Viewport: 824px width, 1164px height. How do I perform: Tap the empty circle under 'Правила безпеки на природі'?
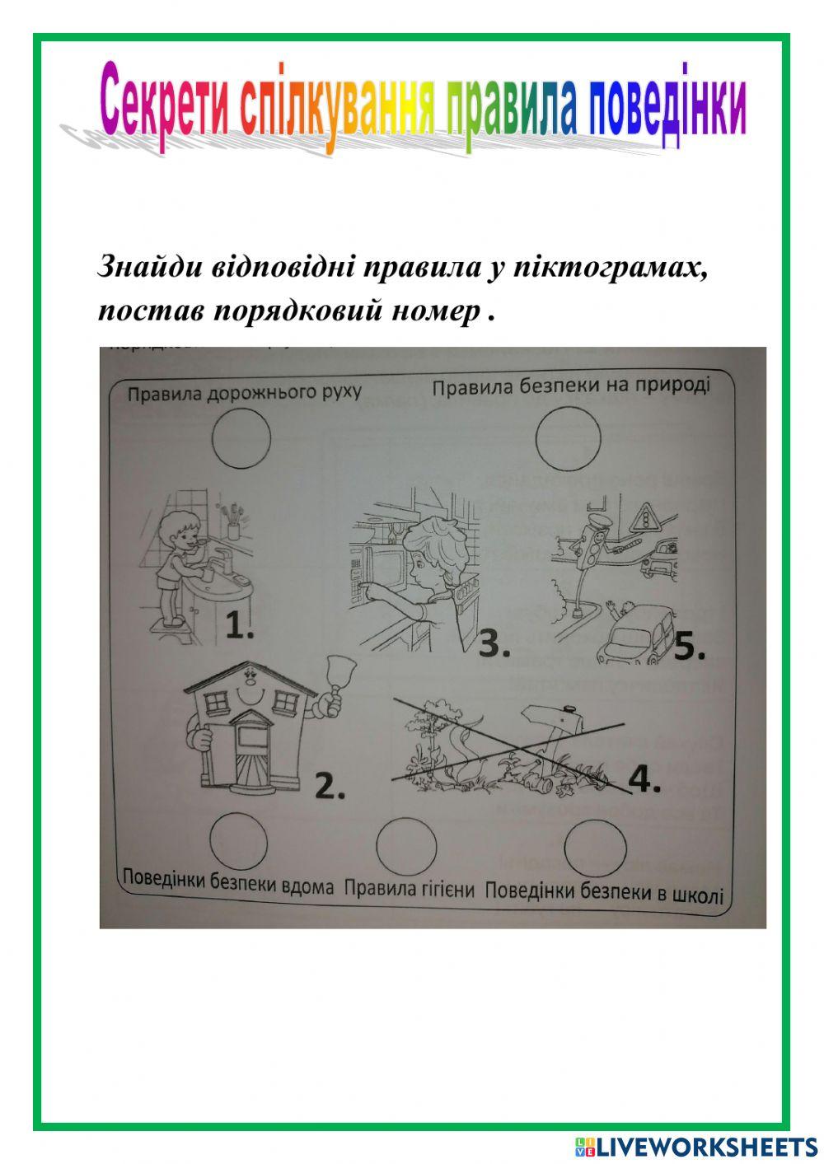(x=568, y=438)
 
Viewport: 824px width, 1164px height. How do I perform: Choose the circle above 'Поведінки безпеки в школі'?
(x=595, y=846)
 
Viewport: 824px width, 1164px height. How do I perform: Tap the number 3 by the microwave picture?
(x=494, y=643)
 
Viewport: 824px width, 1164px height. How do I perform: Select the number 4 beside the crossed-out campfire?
(x=644, y=778)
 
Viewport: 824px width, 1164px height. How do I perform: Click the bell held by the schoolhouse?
(x=335, y=679)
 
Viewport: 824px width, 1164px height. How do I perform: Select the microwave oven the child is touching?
(x=379, y=568)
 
